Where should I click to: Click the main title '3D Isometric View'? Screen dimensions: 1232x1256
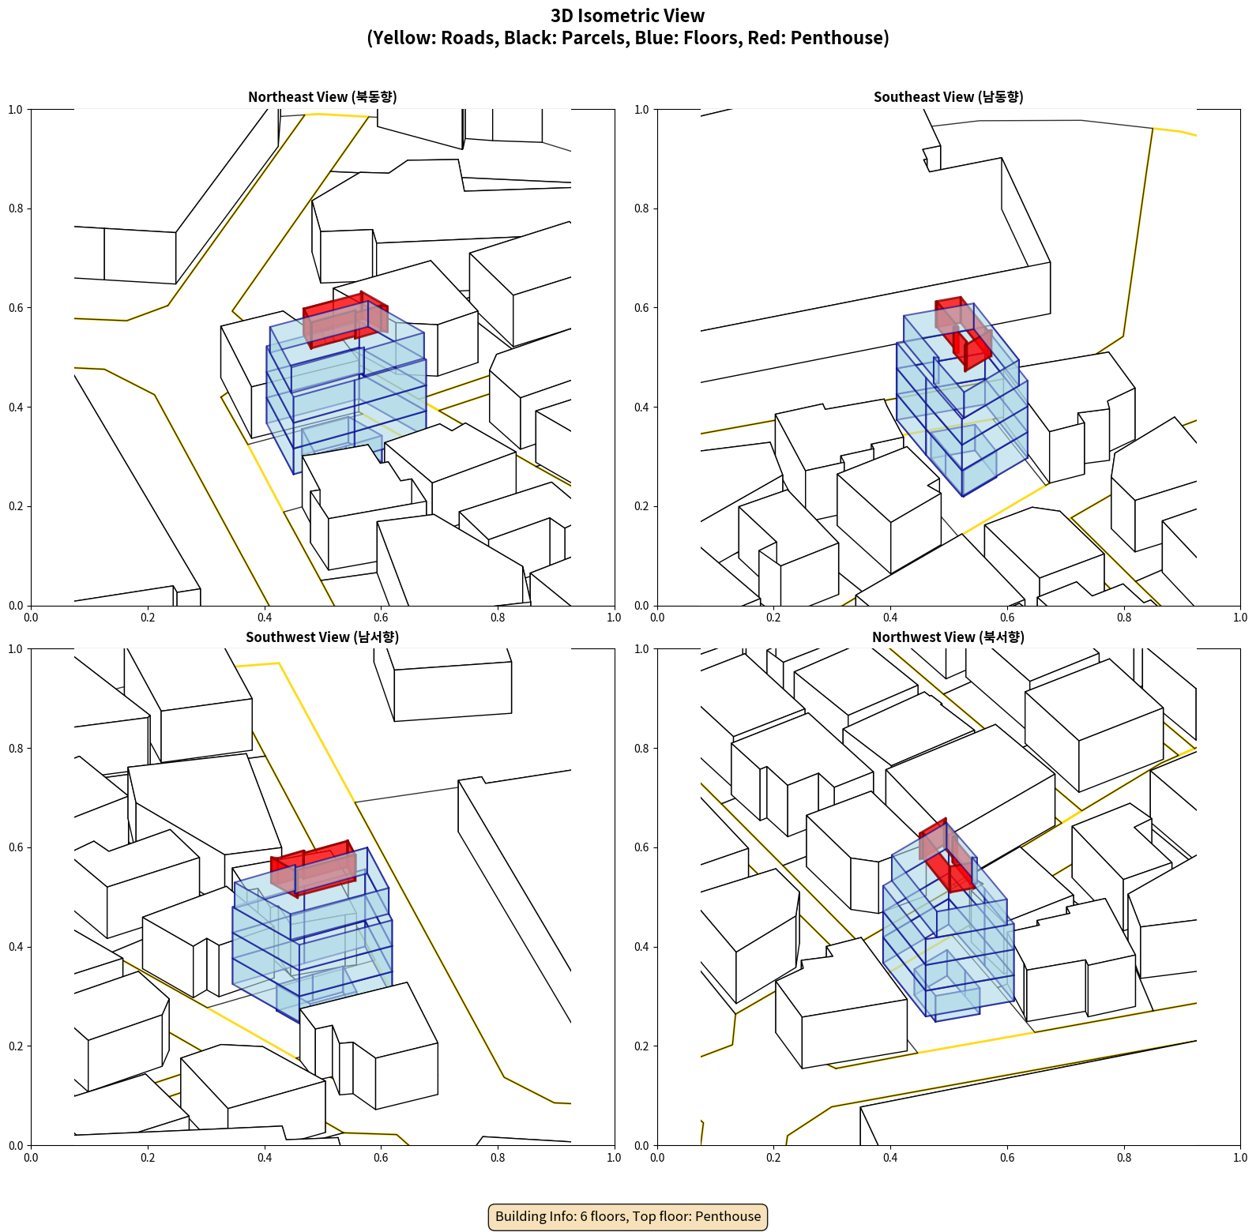click(x=627, y=16)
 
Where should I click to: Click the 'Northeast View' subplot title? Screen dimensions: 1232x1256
click(x=322, y=97)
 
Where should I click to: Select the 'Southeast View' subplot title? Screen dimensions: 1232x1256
click(x=948, y=97)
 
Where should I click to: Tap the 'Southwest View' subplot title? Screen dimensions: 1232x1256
click(x=322, y=637)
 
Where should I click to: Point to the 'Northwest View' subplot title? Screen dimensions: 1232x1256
click(x=948, y=637)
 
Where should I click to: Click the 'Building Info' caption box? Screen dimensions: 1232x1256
click(x=628, y=1216)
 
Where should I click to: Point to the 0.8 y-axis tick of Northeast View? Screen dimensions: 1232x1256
click(x=16, y=208)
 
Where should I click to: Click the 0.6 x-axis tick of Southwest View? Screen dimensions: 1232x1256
click(x=381, y=1158)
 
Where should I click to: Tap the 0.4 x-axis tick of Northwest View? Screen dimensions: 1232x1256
click(x=890, y=1158)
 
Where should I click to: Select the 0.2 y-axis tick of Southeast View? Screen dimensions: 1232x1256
click(x=641, y=506)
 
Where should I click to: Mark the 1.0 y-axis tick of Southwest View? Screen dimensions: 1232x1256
click(x=16, y=649)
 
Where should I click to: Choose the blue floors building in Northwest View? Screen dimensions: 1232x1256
click(x=948, y=948)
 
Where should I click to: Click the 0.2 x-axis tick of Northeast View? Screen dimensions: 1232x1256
click(x=148, y=618)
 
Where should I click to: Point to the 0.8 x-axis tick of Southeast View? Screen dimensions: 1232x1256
click(x=1124, y=618)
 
